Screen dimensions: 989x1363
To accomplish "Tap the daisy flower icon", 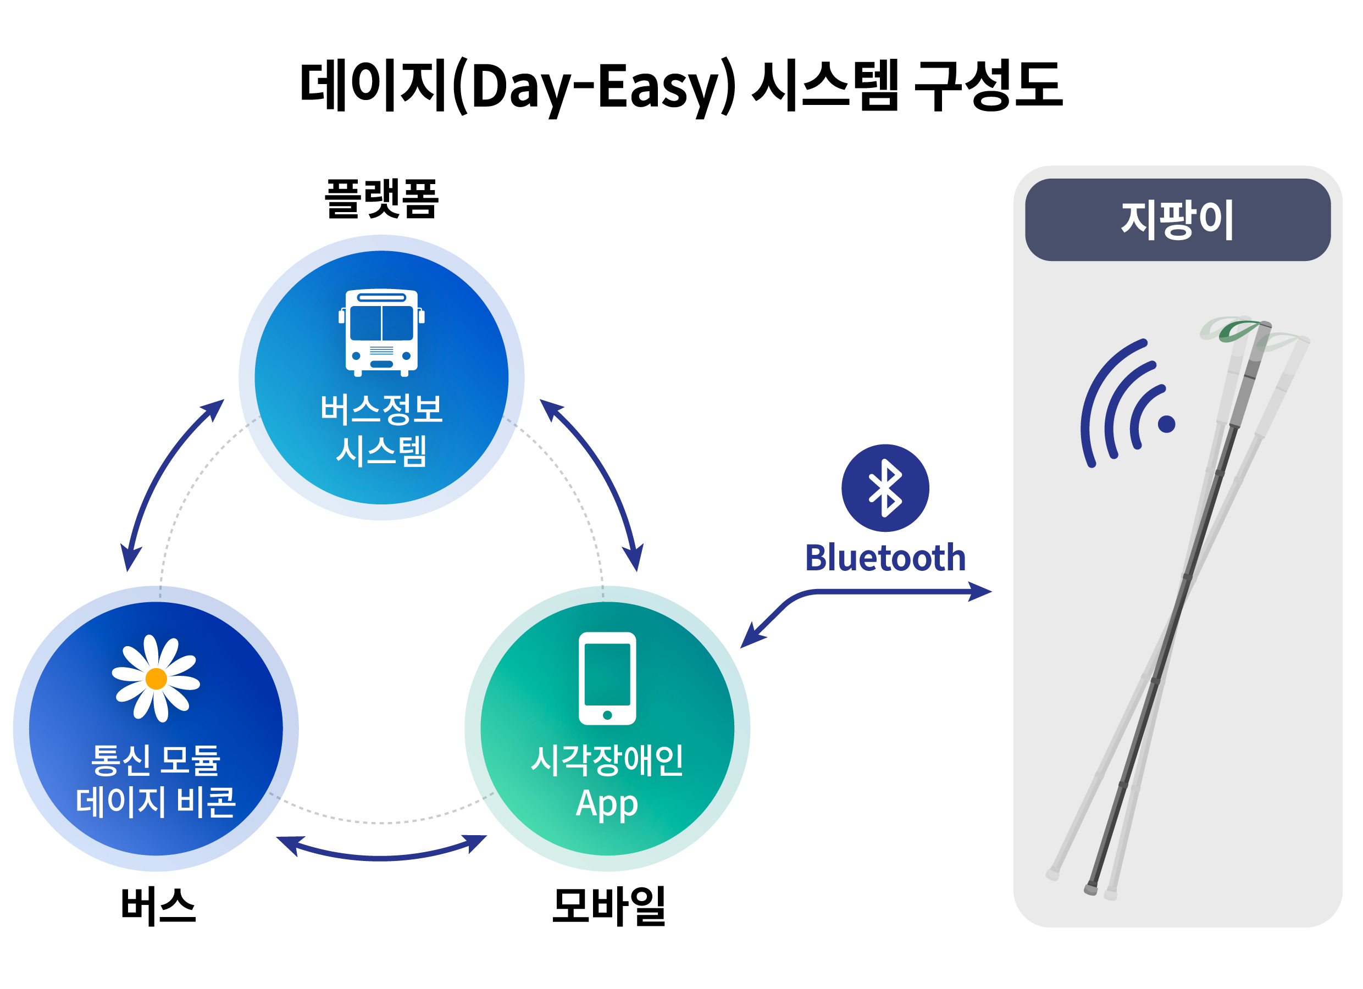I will click(156, 679).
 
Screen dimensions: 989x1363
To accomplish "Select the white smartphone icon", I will click(607, 679).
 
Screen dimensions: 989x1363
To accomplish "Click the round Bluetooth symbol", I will click(885, 488).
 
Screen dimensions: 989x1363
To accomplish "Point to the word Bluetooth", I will click(885, 558).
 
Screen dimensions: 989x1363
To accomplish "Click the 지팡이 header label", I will click(1177, 220).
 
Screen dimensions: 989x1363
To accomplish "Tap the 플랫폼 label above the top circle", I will click(381, 199).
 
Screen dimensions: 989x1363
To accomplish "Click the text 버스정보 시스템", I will click(381, 430).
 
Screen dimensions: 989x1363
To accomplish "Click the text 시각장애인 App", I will click(607, 781).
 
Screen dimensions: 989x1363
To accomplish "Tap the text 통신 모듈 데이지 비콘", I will click(156, 781).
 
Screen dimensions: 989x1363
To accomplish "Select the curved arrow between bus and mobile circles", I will click(381, 855).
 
